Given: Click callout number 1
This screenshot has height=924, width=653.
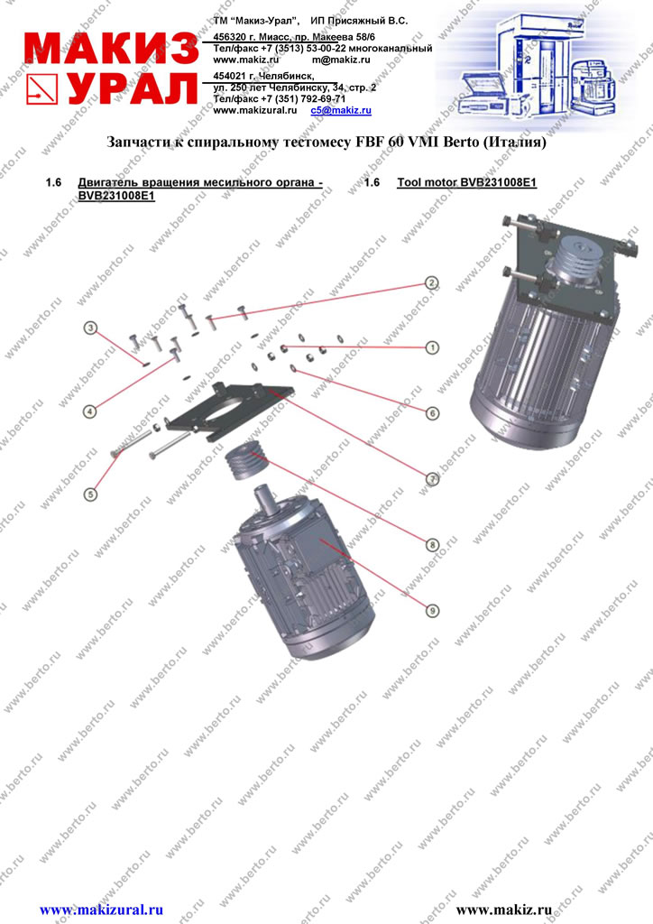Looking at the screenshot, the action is (432, 347).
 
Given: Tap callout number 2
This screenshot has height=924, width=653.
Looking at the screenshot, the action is (432, 283).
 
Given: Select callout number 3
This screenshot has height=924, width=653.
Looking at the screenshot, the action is (90, 328).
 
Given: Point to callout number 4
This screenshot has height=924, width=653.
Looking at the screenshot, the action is (89, 411).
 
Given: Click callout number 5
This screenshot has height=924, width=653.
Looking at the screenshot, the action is (90, 494).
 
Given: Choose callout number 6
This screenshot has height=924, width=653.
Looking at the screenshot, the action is (432, 413).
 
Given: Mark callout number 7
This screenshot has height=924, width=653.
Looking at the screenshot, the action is (432, 479).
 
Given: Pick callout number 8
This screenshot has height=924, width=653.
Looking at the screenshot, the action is (432, 545).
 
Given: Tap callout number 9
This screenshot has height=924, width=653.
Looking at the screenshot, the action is (432, 611).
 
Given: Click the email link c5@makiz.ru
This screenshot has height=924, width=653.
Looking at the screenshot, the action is (341, 110).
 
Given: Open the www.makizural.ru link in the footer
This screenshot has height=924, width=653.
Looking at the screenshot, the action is (101, 910).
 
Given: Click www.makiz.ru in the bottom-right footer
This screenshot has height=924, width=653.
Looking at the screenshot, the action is (504, 910).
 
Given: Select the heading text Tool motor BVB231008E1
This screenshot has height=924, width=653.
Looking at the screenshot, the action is (467, 182).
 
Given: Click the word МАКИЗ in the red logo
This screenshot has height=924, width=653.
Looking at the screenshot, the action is (111, 48).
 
